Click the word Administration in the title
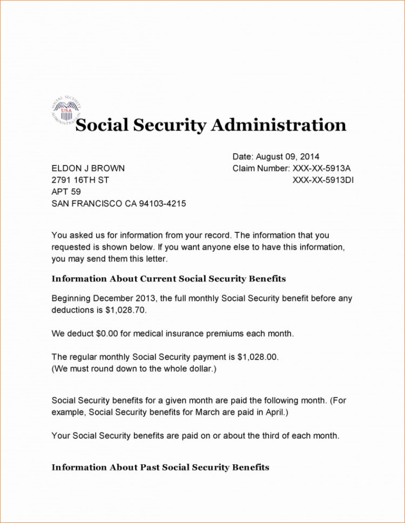[278, 125]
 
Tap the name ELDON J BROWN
[88, 169]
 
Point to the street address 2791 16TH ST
[80, 180]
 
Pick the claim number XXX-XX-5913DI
[323, 180]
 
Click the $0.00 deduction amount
[107, 334]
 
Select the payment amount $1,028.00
[258, 357]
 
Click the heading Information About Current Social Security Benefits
[168, 279]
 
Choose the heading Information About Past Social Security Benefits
[160, 467]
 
